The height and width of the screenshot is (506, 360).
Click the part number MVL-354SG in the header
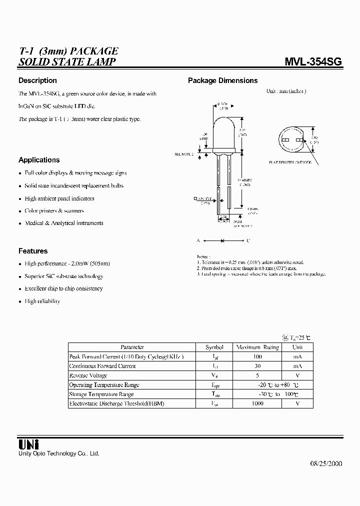coord(313,62)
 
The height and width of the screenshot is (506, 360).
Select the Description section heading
coord(37,80)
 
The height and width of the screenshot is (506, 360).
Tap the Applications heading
coord(39,160)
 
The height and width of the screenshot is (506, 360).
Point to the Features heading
coord(33,251)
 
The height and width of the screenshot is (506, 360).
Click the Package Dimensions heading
coord(222,80)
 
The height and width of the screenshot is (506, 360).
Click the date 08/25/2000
coord(322,463)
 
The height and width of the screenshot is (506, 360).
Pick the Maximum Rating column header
coord(257,347)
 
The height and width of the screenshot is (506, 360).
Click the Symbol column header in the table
coord(214,347)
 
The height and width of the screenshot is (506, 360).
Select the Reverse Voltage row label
coord(88,375)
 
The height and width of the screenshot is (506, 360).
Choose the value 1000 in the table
coord(257,403)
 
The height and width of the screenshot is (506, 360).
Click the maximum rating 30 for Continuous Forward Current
coord(257,366)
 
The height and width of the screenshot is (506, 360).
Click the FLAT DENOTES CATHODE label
coord(290,162)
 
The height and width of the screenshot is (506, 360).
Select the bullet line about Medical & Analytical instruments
coord(64,223)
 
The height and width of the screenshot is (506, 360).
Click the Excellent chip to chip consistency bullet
coord(63,288)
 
